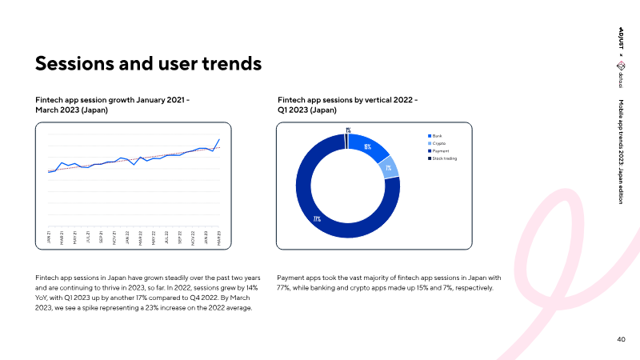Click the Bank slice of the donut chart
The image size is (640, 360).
[x=368, y=147]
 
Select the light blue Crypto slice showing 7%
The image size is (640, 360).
[x=389, y=168]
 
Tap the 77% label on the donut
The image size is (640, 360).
[x=317, y=218]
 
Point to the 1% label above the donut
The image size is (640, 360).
[x=348, y=130]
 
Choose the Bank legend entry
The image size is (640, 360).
[x=437, y=137]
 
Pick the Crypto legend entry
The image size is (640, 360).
[x=438, y=144]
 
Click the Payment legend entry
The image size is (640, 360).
[x=440, y=151]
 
